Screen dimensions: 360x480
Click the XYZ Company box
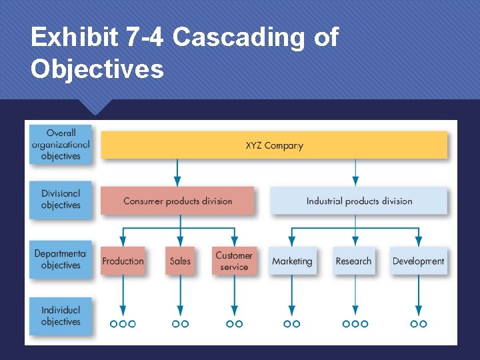[273, 145]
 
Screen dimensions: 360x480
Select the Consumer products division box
[177, 201]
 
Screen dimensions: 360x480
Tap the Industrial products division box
[359, 201]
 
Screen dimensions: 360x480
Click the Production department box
[123, 261]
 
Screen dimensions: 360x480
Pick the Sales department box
[180, 261]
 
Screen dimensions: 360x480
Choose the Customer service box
[234, 261]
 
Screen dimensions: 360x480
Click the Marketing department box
[291, 261]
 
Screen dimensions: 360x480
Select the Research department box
[354, 261]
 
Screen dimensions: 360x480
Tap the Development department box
[419, 261]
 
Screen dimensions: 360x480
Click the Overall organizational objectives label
[61, 145]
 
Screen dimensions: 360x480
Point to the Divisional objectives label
[61, 199]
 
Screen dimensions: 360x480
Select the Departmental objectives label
[61, 259]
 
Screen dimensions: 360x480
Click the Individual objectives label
[61, 316]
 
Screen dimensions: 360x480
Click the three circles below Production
[123, 324]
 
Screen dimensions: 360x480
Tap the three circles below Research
[355, 324]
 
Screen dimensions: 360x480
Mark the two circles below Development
[419, 324]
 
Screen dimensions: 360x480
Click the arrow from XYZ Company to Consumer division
[177, 172]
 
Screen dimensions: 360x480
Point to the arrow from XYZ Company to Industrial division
[355, 172]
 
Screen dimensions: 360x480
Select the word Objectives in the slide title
[97, 69]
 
